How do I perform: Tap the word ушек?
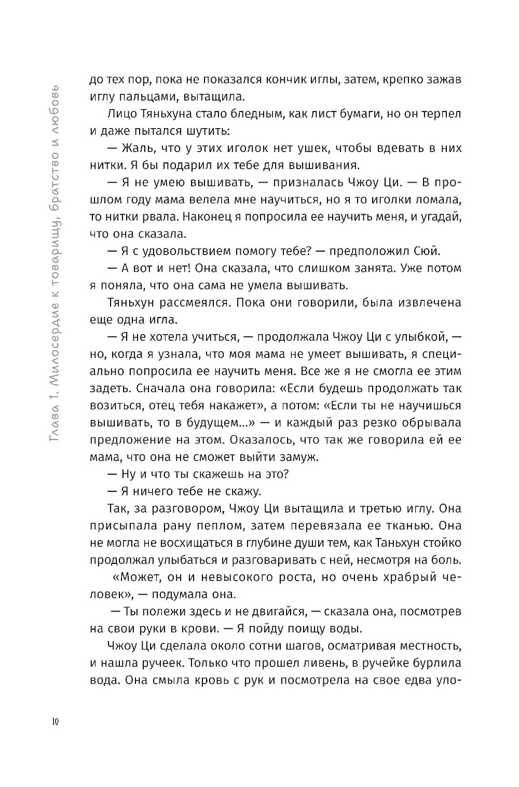[x=308, y=148]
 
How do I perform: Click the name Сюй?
[x=427, y=251]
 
